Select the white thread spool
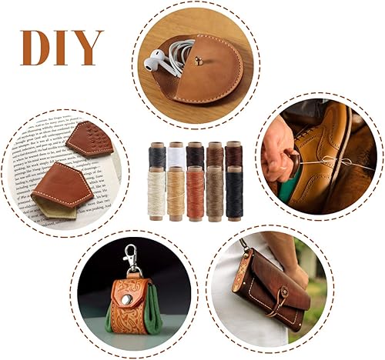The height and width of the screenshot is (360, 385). click(x=176, y=155)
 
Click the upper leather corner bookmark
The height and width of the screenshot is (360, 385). click(x=89, y=141)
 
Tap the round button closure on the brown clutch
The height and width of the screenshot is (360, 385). click(x=281, y=292)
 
